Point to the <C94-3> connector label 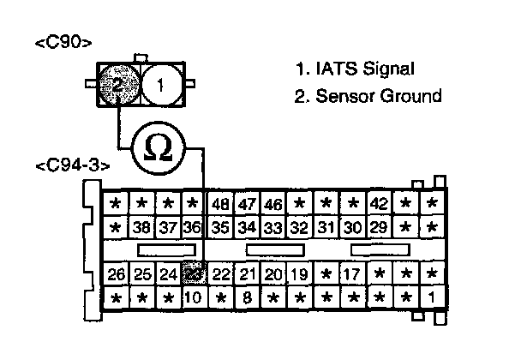[73, 165]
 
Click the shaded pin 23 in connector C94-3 [195, 274]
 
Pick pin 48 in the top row [220, 204]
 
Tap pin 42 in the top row [379, 204]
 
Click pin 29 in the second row [379, 228]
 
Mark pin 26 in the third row [117, 274]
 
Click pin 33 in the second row [273, 228]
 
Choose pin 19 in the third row [299, 274]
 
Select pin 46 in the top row [273, 204]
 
